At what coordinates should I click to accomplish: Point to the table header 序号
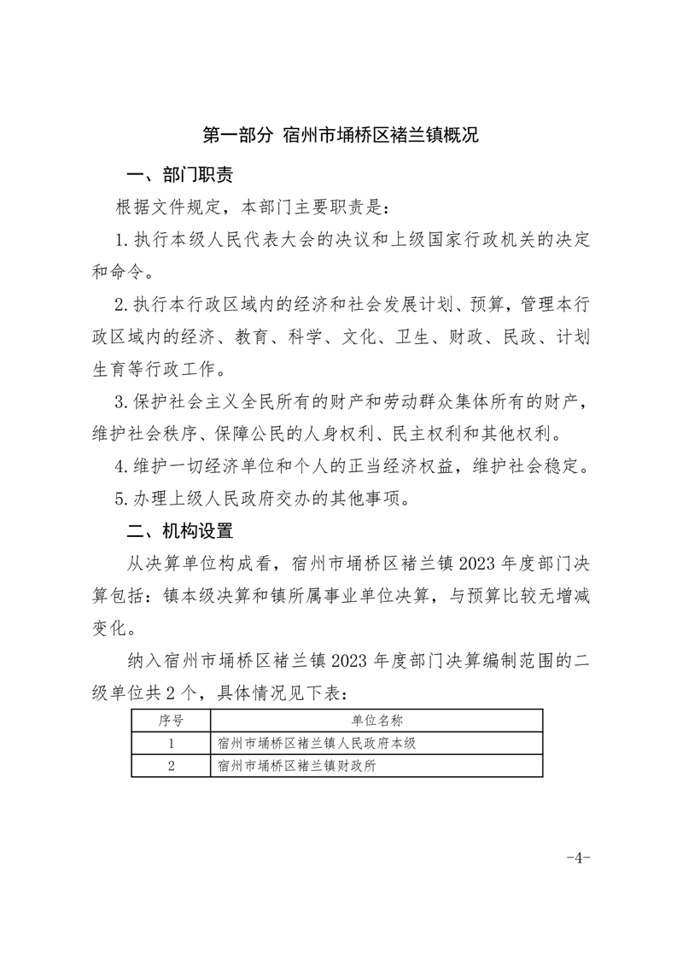(171, 721)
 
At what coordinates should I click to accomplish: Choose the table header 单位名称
(376, 721)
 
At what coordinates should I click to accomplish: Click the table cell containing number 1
(171, 743)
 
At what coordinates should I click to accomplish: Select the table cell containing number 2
(171, 766)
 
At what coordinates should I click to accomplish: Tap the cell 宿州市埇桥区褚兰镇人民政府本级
(317, 743)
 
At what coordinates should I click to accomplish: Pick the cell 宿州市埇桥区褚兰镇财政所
(297, 766)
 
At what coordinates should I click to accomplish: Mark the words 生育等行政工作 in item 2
(159, 371)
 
